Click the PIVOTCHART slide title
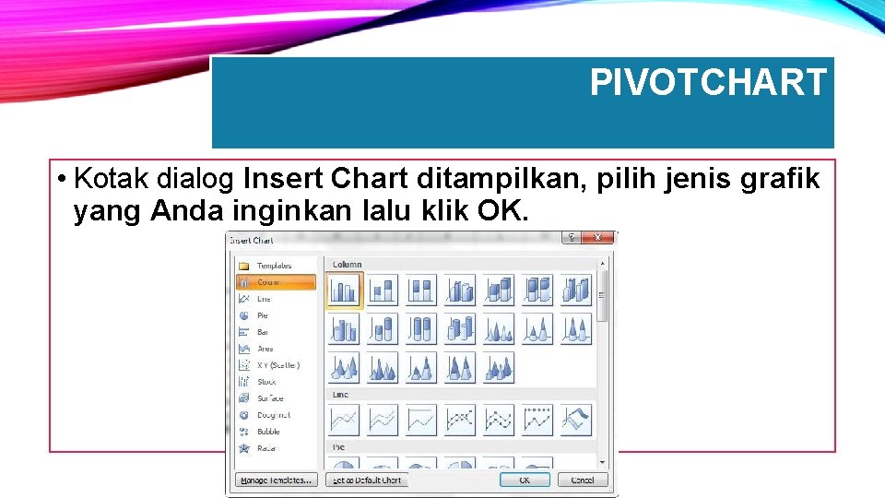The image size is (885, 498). (x=708, y=83)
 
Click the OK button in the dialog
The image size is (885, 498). (x=525, y=480)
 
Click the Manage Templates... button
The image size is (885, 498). (x=277, y=480)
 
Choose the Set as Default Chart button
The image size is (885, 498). (x=367, y=480)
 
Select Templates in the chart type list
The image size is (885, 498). (x=273, y=266)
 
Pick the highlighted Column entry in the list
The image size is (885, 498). (x=275, y=282)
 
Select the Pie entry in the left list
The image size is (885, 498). (x=263, y=315)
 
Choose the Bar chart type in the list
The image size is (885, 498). (x=263, y=332)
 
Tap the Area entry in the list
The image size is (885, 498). (x=265, y=349)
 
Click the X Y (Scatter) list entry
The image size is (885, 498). (x=277, y=365)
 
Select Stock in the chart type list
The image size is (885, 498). (x=266, y=382)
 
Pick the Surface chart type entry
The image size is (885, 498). (x=270, y=398)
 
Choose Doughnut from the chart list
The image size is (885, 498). (x=273, y=415)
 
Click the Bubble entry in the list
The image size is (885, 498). (x=268, y=432)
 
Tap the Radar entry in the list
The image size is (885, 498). (x=266, y=448)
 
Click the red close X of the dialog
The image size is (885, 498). (x=600, y=239)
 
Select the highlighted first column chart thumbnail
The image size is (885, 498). (x=345, y=290)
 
